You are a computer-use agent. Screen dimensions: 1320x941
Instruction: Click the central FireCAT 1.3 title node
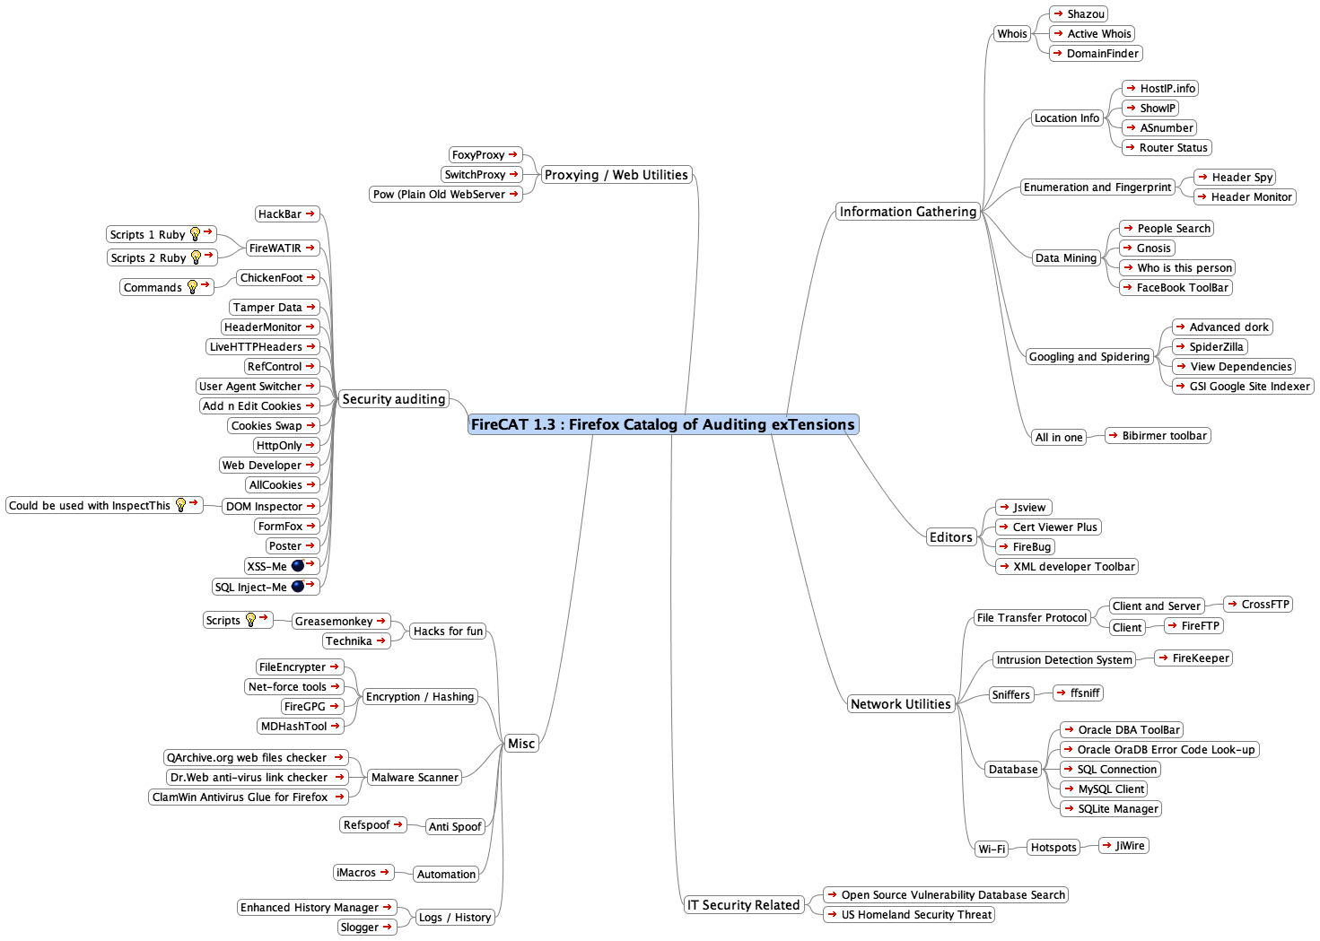(663, 424)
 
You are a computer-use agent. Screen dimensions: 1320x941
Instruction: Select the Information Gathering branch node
(907, 212)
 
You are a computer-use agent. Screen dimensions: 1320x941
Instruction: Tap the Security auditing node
(394, 399)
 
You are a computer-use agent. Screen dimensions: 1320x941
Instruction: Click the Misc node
(521, 743)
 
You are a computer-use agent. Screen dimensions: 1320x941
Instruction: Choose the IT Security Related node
(743, 904)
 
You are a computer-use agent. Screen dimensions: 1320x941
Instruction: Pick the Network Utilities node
(900, 703)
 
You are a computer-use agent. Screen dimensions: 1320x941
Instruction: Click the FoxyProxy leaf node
(485, 155)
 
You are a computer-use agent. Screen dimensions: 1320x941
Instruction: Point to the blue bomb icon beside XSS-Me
(298, 566)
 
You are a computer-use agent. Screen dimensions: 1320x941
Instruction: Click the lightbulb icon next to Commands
(192, 287)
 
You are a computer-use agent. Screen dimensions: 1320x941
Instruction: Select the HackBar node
(287, 213)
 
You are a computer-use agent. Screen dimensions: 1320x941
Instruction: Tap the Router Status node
(1167, 147)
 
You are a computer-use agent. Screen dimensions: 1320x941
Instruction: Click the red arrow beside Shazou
(1058, 13)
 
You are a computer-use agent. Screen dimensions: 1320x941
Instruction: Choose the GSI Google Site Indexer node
(1243, 386)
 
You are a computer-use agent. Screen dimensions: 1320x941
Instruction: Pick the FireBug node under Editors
(1025, 546)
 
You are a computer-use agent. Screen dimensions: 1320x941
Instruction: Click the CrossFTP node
(1258, 604)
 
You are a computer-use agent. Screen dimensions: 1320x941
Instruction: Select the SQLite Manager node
(1111, 808)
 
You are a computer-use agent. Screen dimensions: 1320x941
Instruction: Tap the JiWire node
(1123, 846)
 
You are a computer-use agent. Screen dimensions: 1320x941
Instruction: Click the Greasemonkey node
(341, 621)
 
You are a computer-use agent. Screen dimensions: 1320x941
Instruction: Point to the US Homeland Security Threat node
(909, 914)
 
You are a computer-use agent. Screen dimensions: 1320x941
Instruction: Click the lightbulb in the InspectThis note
(181, 505)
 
